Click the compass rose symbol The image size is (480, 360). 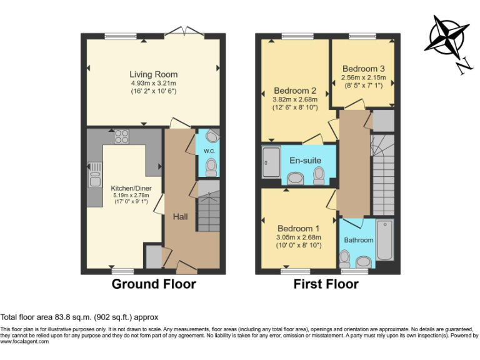(446, 44)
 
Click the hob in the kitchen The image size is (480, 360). (121, 136)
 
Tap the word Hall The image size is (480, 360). (181, 216)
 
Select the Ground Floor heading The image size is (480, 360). (154, 284)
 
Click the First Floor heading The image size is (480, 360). (326, 284)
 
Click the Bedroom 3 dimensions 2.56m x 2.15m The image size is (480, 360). (363, 78)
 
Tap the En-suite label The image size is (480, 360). (305, 160)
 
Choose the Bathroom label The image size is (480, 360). (359, 240)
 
